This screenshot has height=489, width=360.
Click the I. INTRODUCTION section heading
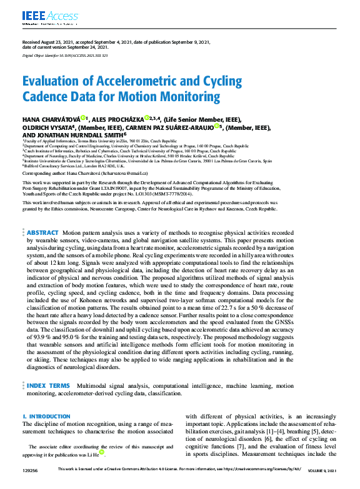[46, 416]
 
